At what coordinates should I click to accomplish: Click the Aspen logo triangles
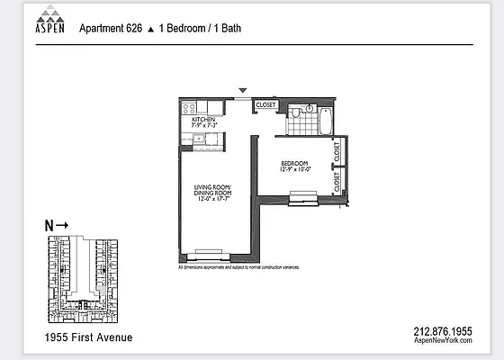pos(49,17)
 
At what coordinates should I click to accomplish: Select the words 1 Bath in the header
pos(225,28)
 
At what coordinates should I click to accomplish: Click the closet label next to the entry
pos(266,105)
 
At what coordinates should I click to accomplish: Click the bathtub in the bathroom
pos(325,120)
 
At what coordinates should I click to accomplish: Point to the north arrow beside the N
pos(63,226)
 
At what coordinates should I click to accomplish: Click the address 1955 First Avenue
pos(88,337)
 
